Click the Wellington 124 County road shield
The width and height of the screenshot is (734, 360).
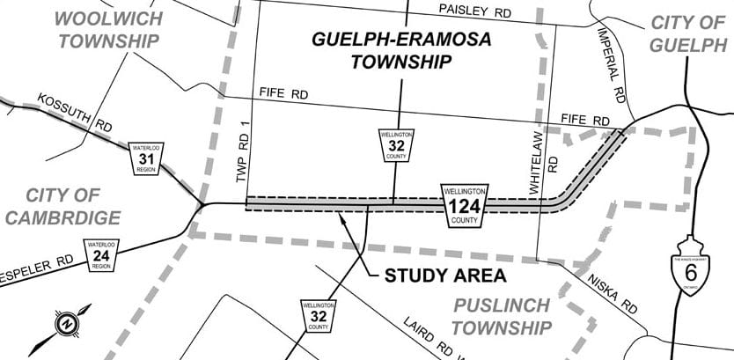point(465,203)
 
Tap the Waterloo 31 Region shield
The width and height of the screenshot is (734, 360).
point(143,158)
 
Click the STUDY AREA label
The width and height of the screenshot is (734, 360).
point(444,276)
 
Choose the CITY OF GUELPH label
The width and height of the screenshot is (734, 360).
point(689,34)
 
